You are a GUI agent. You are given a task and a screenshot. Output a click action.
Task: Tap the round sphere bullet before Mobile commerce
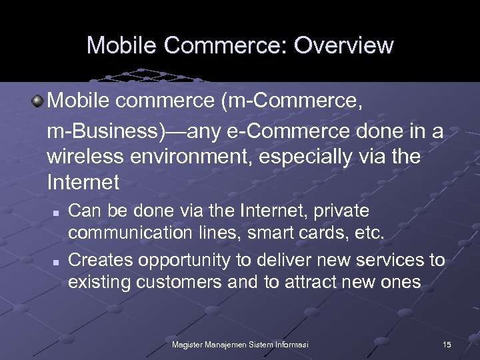38,101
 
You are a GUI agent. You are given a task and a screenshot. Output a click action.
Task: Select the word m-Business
107,131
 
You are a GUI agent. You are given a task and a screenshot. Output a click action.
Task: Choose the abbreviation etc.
369,234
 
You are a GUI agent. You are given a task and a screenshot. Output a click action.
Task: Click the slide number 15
447,344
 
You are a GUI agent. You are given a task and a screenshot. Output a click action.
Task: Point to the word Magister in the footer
188,344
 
